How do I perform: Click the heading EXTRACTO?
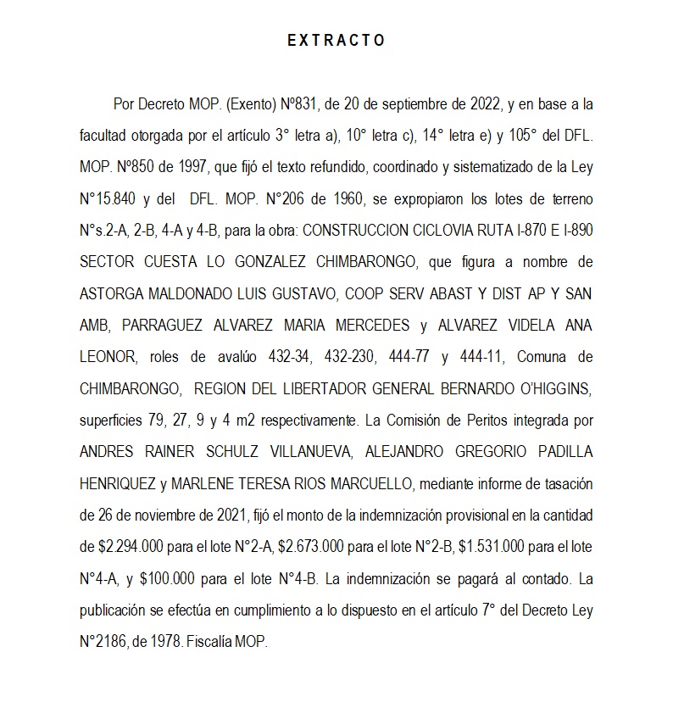(x=336, y=40)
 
